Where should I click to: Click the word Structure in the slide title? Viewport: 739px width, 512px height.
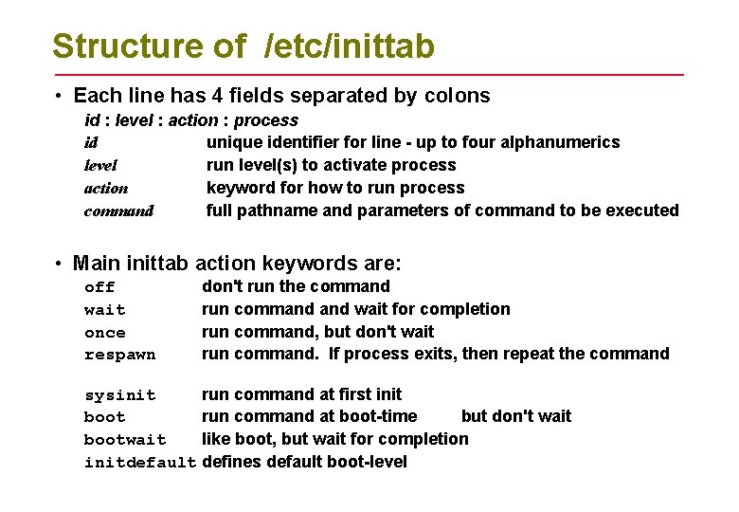point(115,46)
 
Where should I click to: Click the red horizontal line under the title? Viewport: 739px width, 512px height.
point(369,74)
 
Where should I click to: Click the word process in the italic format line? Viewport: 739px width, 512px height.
point(266,120)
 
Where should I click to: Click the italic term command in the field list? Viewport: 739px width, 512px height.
point(118,210)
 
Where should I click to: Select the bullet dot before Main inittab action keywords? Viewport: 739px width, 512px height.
point(59,264)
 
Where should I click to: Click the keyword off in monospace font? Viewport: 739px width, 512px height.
point(99,287)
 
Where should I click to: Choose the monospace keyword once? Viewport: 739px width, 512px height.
point(104,333)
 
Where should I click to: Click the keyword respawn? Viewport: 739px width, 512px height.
point(119,356)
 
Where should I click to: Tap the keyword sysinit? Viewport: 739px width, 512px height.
point(119,394)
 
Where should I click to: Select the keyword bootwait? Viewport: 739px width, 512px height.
point(124,440)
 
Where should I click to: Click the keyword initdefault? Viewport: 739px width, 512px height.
point(139,463)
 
